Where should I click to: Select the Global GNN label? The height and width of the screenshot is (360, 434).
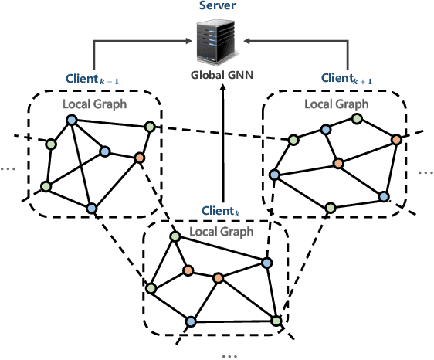[222, 75]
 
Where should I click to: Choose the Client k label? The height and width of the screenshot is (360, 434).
[222, 210]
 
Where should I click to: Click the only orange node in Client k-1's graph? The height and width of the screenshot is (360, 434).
[139, 158]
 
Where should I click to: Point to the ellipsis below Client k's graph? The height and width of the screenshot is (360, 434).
[230, 354]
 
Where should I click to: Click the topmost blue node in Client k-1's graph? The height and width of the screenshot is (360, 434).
[70, 120]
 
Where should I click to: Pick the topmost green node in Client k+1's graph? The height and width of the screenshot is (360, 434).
[356, 118]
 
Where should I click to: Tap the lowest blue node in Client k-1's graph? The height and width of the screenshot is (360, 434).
[91, 207]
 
